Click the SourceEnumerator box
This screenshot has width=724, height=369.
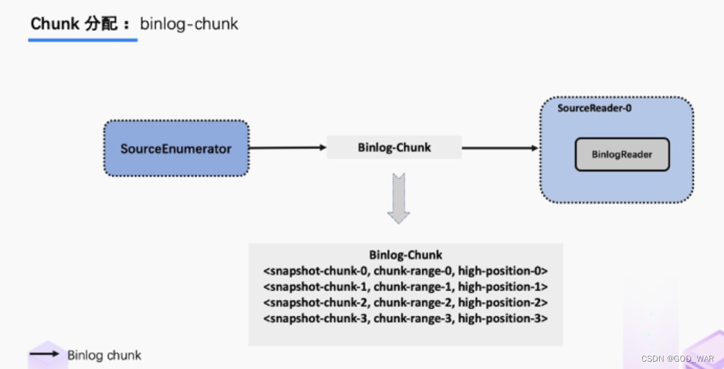176,148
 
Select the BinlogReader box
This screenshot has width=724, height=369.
621,154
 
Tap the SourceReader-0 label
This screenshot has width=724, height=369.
595,107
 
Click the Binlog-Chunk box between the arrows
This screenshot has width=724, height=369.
394,148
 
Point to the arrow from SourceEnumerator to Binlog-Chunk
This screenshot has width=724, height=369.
288,148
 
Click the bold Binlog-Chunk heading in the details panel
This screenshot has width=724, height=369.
406,255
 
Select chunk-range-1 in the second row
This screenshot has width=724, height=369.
413,286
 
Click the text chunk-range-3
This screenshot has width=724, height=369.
413,318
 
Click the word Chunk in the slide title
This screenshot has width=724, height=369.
55,24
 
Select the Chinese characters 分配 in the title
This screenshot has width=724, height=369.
101,24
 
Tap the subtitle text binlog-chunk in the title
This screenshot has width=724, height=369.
189,24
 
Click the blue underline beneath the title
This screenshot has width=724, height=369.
82,40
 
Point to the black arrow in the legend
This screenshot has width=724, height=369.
44,354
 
